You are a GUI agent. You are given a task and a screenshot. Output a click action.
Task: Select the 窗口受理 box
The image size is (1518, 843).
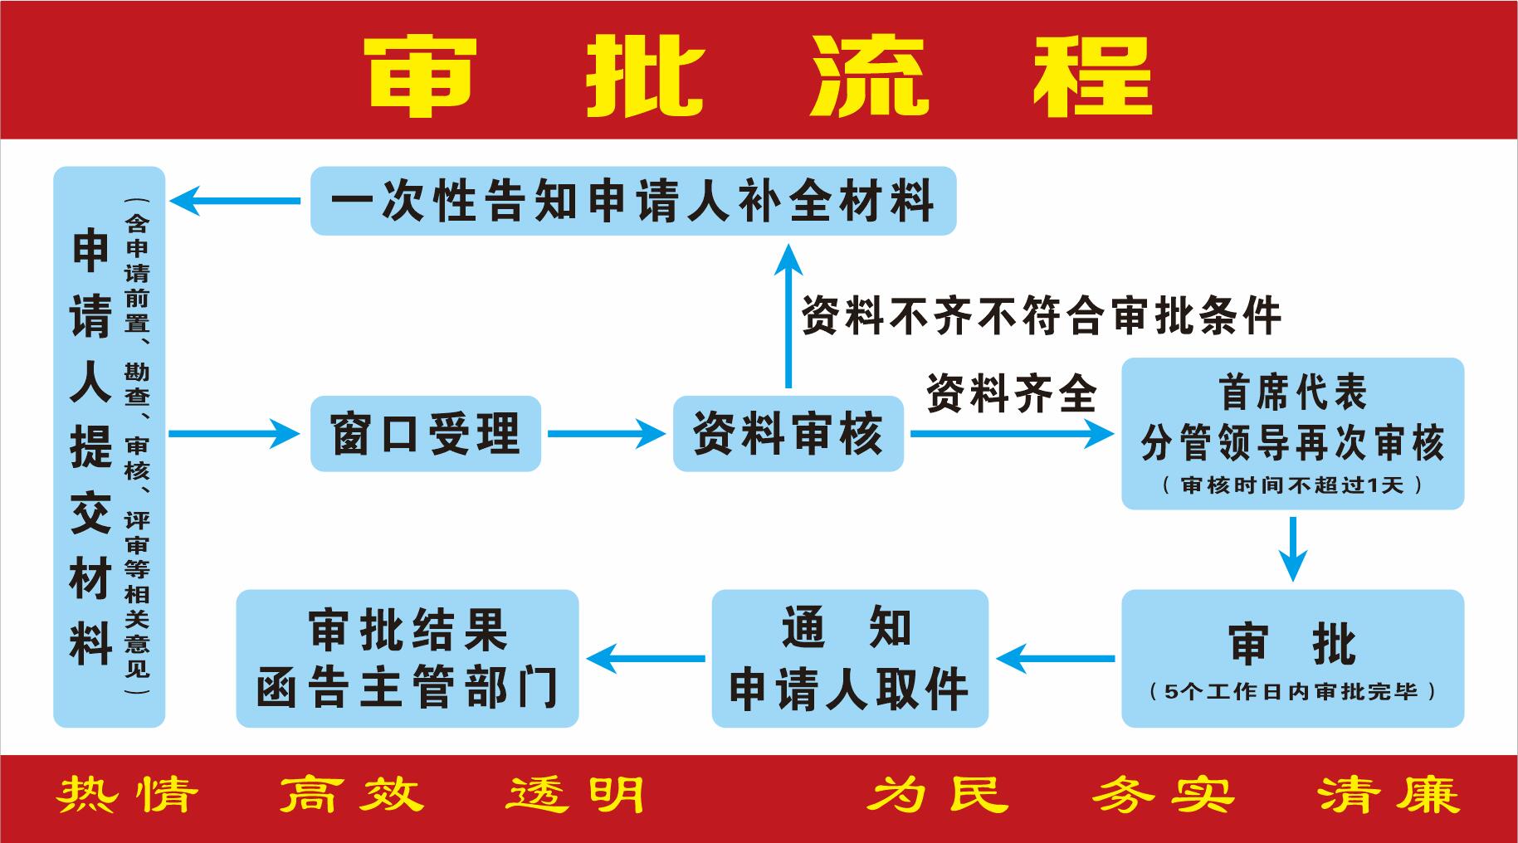click(426, 433)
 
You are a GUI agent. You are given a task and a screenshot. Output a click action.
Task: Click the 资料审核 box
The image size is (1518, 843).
click(788, 433)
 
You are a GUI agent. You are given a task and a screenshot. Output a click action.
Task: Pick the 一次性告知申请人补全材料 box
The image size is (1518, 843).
click(633, 201)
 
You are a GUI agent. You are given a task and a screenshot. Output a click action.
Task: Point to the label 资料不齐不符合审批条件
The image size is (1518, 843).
click(1042, 315)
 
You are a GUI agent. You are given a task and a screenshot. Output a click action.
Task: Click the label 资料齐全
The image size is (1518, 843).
click(1012, 392)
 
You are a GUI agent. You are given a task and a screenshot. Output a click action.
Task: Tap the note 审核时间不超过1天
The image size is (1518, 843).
click(1292, 485)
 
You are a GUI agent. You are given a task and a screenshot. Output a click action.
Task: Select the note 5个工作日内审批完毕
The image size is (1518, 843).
click(1292, 691)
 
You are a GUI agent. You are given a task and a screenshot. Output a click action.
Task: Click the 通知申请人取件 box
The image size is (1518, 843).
click(850, 658)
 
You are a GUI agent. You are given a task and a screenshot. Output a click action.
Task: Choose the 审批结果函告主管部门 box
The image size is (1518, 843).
click(407, 658)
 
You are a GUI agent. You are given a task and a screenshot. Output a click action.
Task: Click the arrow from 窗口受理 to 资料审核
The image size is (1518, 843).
click(607, 433)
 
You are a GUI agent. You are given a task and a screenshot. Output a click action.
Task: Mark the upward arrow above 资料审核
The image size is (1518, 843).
click(788, 316)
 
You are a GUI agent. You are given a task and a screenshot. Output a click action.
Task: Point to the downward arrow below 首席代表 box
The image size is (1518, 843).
click(1292, 548)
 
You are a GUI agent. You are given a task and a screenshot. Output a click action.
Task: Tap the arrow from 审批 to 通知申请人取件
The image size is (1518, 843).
click(1056, 659)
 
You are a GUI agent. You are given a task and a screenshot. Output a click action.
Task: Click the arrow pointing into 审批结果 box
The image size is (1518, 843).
click(646, 659)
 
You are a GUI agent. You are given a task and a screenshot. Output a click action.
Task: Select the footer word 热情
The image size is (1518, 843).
click(129, 796)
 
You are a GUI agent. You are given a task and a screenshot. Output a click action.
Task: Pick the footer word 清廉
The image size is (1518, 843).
click(1388, 796)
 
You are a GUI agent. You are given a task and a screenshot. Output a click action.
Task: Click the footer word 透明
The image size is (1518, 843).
click(576, 796)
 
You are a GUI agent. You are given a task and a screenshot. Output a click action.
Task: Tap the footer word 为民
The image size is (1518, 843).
click(939, 796)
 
